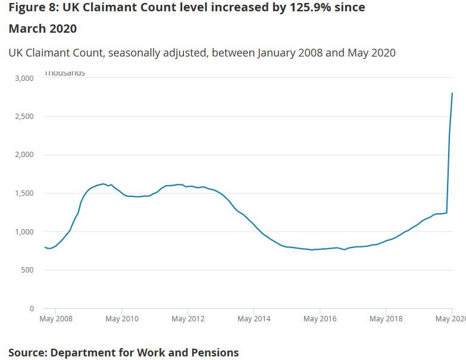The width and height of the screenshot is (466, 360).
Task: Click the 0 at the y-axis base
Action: tap(32, 308)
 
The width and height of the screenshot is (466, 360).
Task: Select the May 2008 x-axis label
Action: tap(56, 319)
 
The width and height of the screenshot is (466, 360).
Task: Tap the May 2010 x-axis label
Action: tap(122, 319)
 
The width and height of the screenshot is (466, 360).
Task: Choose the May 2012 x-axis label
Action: tap(188, 319)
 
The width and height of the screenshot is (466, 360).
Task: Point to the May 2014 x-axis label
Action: tap(254, 319)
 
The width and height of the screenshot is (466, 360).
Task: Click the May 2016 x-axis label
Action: tap(320, 319)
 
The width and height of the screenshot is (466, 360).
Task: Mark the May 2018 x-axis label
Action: tap(386, 319)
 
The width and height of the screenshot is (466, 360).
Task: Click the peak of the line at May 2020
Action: tap(452, 93)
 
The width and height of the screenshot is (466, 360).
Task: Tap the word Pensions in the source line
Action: tap(212, 352)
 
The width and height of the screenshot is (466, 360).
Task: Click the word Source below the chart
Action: tap(27, 352)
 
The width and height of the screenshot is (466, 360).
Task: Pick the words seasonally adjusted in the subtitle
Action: tap(159, 52)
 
